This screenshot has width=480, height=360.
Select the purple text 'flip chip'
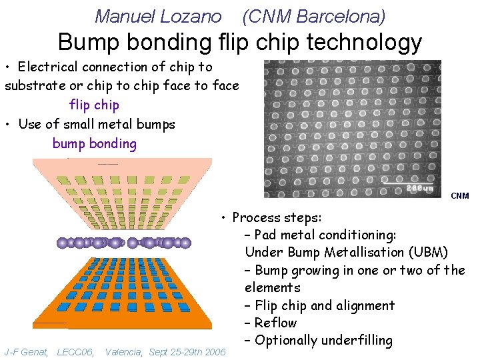[x=94, y=105]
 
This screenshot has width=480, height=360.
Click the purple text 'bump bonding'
[x=94, y=143]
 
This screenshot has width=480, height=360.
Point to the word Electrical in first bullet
[x=50, y=67]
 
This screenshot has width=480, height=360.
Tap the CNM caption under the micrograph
[x=460, y=196]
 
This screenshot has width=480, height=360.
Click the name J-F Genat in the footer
[x=26, y=351]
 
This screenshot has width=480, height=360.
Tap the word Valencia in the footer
[x=123, y=351]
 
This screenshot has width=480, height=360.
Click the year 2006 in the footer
[x=215, y=351]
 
